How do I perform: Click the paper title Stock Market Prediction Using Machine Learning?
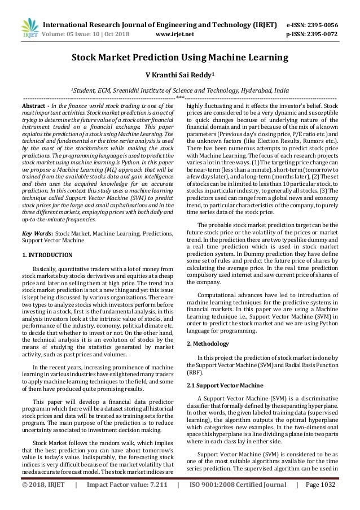tap(179, 57)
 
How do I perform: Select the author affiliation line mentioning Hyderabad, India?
tap(179, 89)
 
